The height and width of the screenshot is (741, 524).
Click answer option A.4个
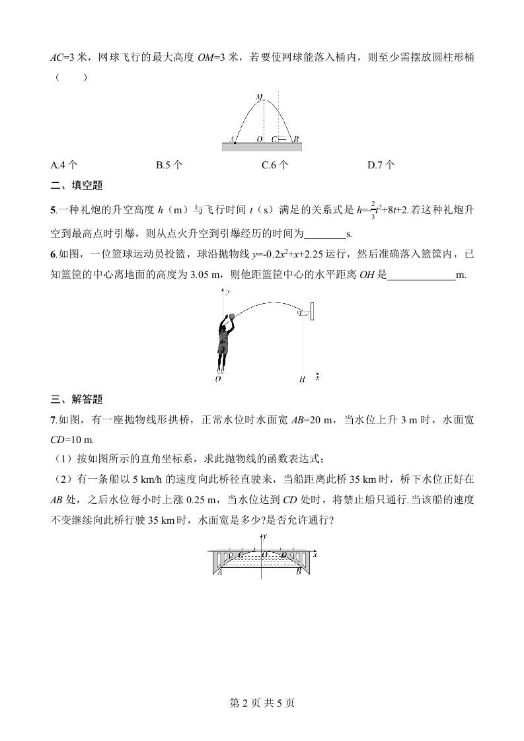[64, 166]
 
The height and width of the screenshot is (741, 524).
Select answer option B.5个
[169, 166]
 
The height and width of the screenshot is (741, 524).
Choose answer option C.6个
[275, 166]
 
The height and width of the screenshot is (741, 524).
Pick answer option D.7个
[381, 166]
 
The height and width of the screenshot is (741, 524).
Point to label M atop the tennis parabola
[259, 96]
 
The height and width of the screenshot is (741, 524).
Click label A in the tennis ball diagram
[231, 139]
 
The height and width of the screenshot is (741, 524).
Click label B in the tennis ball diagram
[296, 139]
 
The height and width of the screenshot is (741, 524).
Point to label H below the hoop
[301, 380]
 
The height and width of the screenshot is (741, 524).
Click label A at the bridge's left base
[219, 572]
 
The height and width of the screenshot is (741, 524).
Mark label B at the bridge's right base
[299, 572]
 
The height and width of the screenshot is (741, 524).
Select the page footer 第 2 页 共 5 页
[262, 703]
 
